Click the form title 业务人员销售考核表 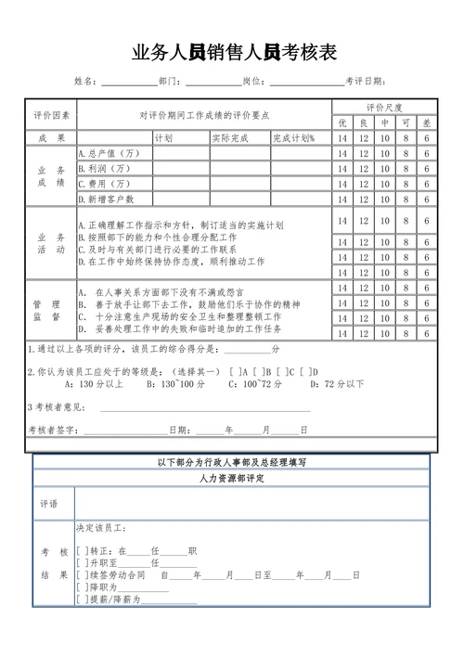[x=233, y=53]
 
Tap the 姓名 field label [x=84, y=82]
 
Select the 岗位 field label [x=251, y=82]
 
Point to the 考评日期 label [x=364, y=82]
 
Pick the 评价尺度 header [x=383, y=108]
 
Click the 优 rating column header [x=342, y=122]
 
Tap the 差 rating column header [x=427, y=122]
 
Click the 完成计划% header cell [x=294, y=137]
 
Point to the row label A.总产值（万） [x=110, y=153]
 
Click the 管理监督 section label [x=51, y=311]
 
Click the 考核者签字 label [x=53, y=430]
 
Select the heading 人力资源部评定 [x=231, y=478]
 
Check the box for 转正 [x=82, y=550]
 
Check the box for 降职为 [x=82, y=587]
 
